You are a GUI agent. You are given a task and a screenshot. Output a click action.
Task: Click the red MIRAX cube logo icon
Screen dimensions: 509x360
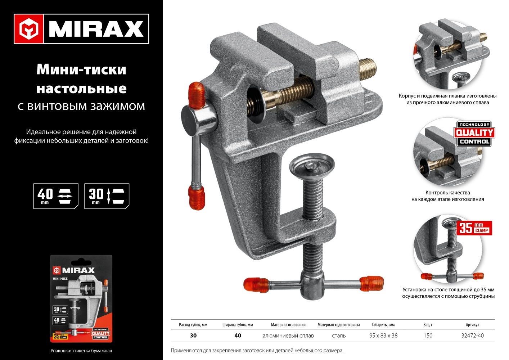[29, 29]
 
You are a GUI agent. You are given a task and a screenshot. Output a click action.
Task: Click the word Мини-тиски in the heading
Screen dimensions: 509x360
[81, 69]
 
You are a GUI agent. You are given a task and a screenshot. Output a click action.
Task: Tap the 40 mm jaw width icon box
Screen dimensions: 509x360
[56, 196]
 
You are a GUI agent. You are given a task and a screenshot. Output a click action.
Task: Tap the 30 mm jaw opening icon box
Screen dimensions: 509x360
[107, 196]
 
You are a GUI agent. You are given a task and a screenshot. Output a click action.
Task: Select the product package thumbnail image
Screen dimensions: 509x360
[81, 298]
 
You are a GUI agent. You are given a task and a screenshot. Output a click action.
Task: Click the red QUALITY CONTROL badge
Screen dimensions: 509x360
[474, 134]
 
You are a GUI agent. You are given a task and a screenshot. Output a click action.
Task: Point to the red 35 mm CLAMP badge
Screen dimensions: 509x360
[474, 228]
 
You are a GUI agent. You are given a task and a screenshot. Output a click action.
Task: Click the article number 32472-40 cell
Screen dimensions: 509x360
[472, 336]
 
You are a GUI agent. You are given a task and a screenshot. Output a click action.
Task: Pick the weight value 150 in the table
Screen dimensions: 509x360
[428, 336]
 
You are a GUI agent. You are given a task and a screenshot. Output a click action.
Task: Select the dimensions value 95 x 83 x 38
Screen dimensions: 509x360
[383, 336]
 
